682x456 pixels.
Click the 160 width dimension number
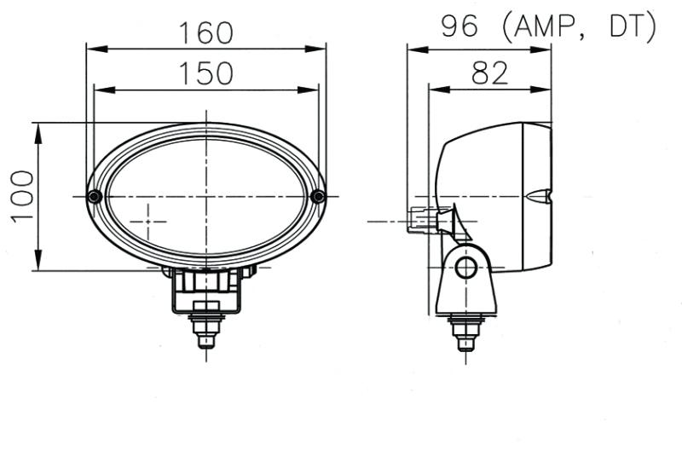coord(205,32)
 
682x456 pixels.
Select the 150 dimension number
coord(205,73)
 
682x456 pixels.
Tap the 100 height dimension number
coord(22,196)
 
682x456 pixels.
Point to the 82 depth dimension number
coord(489,73)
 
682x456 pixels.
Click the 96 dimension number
coord(459,27)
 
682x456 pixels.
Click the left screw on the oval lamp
coord(95,197)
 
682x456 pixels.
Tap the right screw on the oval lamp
coord(318,197)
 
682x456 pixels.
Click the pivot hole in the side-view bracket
coord(465,268)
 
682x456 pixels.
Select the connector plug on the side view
coord(419,220)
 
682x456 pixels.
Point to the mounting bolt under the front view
coord(205,327)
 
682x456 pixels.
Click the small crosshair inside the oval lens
coord(151,221)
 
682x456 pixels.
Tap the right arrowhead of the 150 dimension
coord(313,89)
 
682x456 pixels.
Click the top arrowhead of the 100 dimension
coord(38,129)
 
